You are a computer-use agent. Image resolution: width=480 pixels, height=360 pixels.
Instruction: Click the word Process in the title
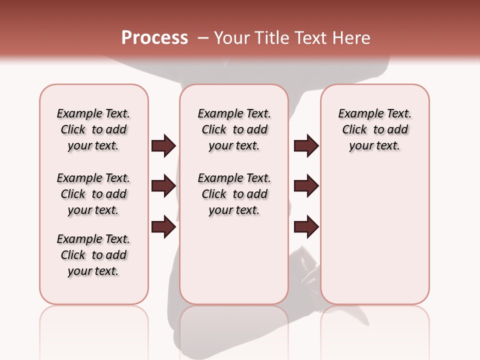154,38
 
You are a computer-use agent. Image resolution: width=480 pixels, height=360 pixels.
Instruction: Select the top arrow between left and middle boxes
163,146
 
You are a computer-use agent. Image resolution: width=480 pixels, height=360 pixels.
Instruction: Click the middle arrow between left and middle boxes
163,186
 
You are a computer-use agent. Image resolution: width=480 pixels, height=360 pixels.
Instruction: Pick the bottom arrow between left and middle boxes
163,226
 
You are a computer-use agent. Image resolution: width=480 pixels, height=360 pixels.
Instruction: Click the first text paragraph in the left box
93,129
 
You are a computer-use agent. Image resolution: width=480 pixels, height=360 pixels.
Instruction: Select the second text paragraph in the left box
93,194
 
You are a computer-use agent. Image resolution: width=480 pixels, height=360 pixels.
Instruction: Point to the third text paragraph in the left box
93,255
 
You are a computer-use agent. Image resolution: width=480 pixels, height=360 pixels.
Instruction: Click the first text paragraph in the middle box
234,129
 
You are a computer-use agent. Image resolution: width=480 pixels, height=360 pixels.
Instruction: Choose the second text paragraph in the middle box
234,194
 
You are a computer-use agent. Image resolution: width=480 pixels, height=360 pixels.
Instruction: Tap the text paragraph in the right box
374,129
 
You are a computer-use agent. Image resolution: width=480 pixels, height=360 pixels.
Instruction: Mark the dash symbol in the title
203,38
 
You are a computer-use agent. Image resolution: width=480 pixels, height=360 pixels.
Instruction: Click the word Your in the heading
231,38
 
